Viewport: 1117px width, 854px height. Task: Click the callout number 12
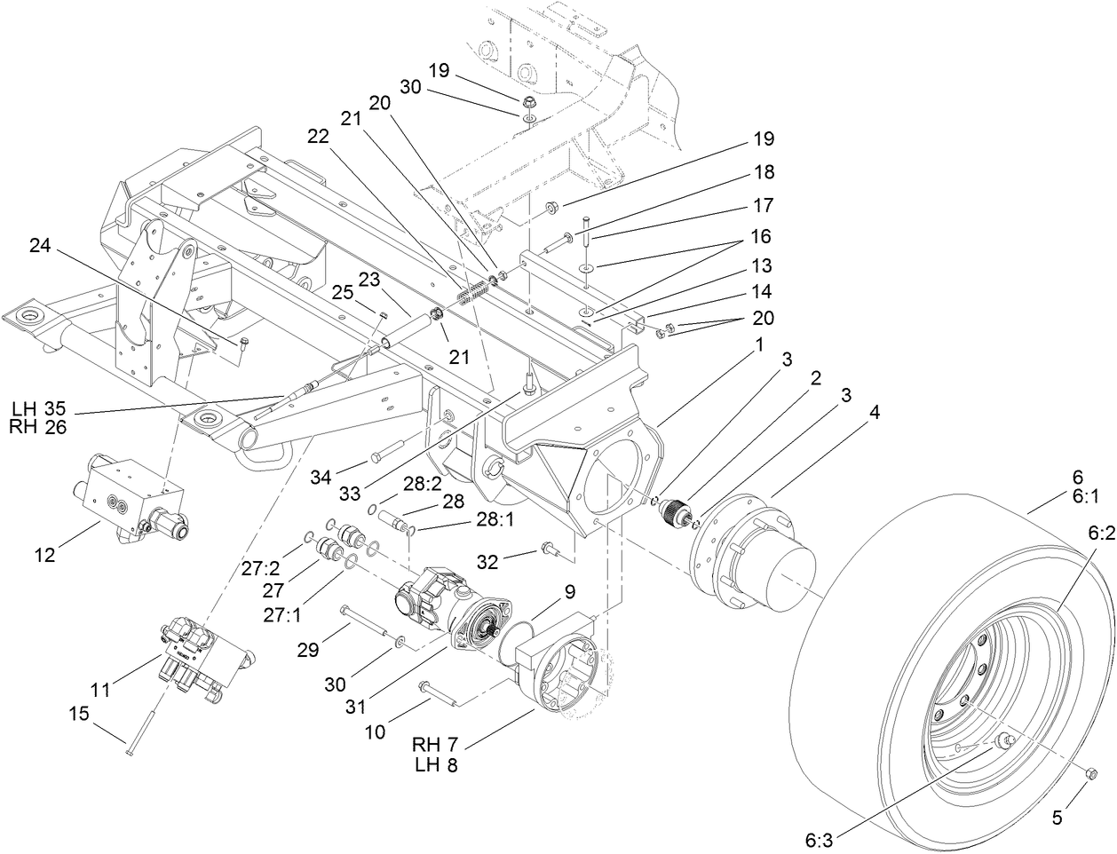pos(45,556)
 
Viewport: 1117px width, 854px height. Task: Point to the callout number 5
pos(1057,818)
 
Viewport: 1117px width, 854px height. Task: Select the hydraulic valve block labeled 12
pos(133,493)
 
